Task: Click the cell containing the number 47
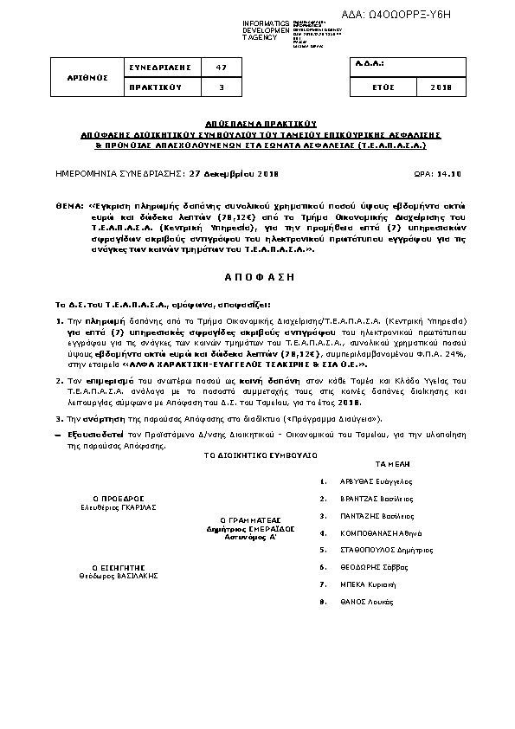[x=222, y=68]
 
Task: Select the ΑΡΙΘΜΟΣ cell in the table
[x=87, y=77]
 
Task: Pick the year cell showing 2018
[x=441, y=87]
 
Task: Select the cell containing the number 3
[x=222, y=87]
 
